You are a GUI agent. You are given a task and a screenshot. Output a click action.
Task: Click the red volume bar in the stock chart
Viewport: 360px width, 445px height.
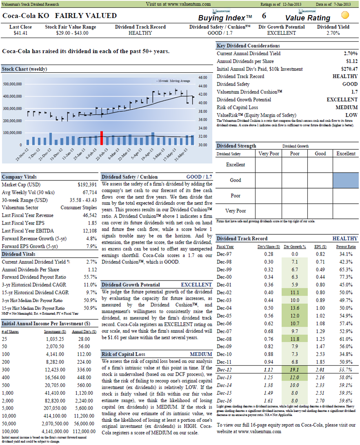tap(102, 138)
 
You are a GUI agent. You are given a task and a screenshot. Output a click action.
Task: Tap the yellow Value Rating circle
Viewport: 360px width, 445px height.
tap(345, 15)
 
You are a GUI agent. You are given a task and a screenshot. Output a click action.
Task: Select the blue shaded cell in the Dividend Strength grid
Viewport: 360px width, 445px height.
tap(346, 180)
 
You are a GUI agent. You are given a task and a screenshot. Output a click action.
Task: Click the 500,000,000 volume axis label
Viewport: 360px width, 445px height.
tap(13, 84)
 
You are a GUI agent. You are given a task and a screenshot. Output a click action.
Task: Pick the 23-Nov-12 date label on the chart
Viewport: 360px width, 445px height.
tap(22, 155)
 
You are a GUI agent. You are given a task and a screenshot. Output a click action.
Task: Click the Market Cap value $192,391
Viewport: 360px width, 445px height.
tap(87, 185)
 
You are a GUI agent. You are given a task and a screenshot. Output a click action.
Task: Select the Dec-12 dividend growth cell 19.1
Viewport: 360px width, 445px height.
tap(294, 370)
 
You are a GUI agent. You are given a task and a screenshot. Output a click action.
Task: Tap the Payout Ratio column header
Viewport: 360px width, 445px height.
tap(346, 247)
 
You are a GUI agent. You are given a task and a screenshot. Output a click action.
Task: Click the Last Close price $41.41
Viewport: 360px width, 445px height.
tap(20, 33)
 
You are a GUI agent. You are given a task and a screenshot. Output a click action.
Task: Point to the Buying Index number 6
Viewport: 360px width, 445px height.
tap(264, 16)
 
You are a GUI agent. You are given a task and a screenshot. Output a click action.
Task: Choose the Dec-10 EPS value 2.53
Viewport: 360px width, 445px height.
tap(320, 354)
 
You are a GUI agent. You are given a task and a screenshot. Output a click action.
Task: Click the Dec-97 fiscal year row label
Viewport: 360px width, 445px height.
tap(224, 254)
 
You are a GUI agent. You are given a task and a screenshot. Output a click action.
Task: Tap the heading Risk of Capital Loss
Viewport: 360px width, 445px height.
tap(123, 354)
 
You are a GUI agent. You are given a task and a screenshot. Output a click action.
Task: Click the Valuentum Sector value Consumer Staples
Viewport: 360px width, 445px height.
tap(79, 208)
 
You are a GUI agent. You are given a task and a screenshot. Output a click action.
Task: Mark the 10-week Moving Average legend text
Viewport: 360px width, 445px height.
tap(173, 81)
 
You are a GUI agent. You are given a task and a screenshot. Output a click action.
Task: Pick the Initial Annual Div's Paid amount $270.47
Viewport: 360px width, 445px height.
tap(349, 69)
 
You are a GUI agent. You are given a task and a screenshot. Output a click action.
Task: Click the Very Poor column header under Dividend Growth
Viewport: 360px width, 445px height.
tap(269, 154)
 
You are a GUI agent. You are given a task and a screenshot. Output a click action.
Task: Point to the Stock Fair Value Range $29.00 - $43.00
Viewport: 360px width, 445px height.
tap(72, 33)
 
